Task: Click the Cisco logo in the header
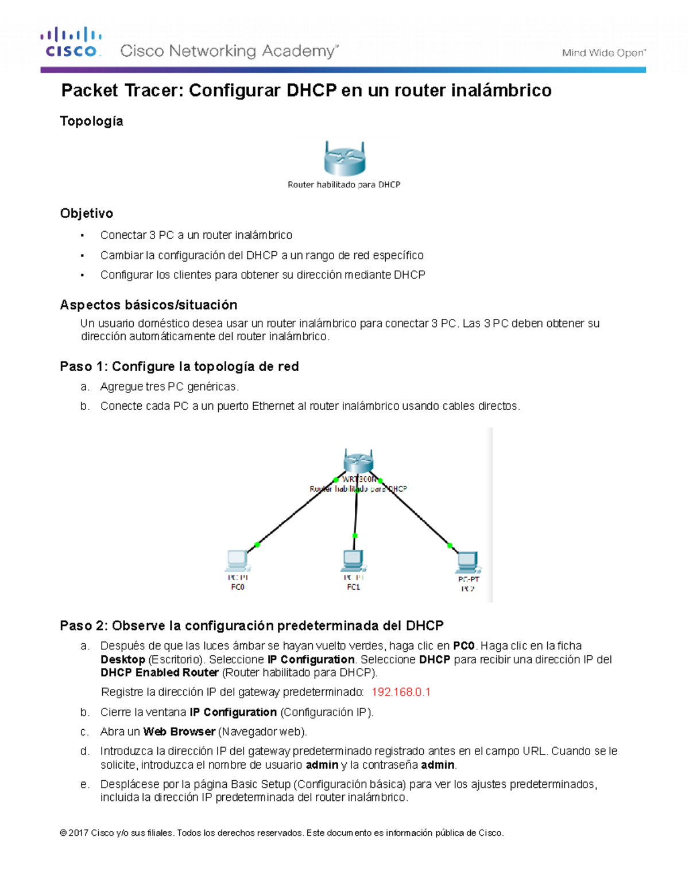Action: (71, 42)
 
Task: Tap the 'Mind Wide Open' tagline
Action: (603, 53)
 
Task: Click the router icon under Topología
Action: (344, 158)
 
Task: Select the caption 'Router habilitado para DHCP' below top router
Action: (344, 185)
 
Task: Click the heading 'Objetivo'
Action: (87, 213)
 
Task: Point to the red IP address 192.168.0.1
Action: (401, 692)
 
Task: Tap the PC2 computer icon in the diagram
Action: (468, 562)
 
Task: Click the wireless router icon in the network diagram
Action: (358, 461)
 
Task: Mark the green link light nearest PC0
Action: (257, 544)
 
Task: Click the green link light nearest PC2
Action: (450, 545)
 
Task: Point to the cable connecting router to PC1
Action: (356, 513)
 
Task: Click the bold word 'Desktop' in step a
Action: (123, 660)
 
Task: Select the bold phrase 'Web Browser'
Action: (179, 732)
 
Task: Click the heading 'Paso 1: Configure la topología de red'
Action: (179, 367)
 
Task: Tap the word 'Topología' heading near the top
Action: (92, 121)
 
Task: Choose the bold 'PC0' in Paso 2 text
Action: (463, 646)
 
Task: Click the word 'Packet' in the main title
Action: (90, 91)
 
